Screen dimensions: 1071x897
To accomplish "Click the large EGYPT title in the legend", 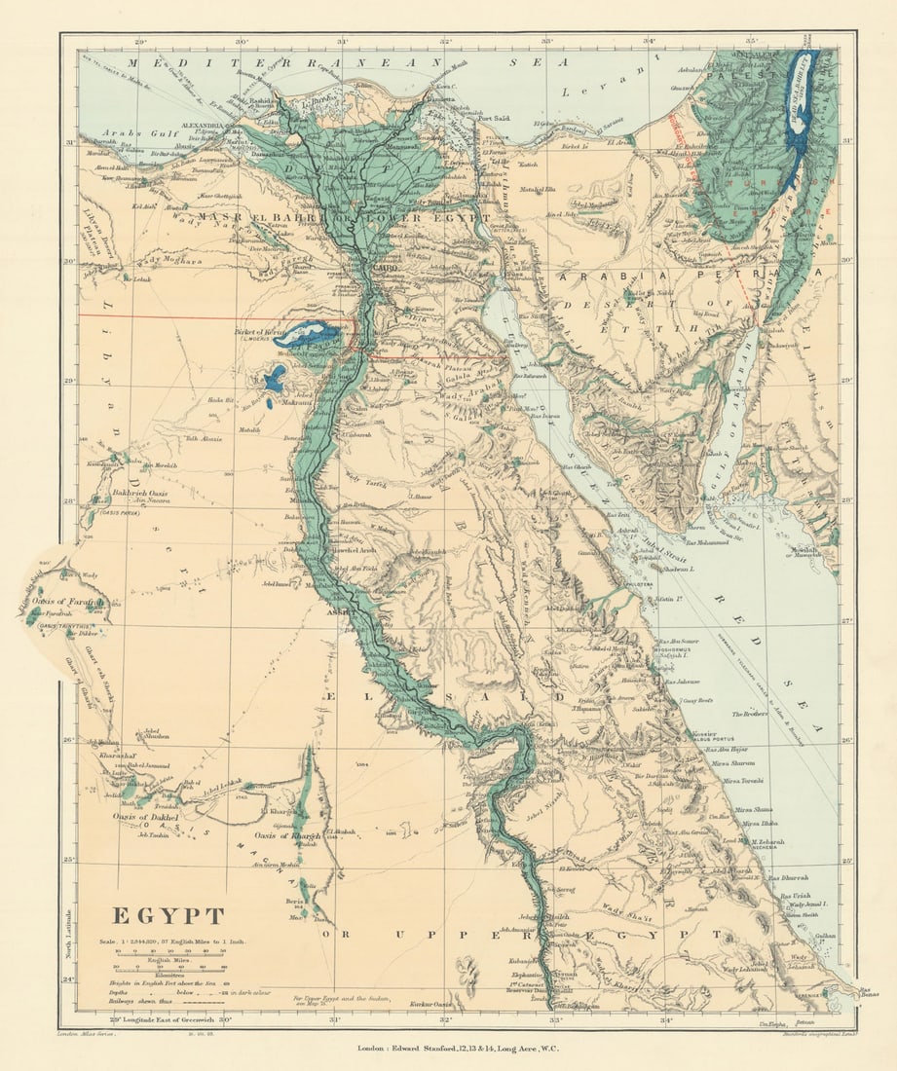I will tap(168, 916).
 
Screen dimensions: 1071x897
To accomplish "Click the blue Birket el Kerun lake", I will tap(308, 336).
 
